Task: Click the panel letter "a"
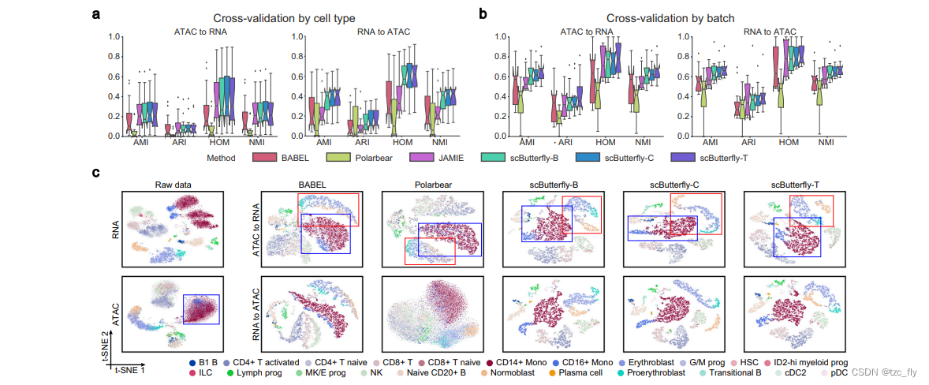click(x=96, y=13)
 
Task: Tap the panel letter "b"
click(x=482, y=13)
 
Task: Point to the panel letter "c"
click(x=96, y=172)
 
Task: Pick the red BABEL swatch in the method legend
click(x=269, y=159)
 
